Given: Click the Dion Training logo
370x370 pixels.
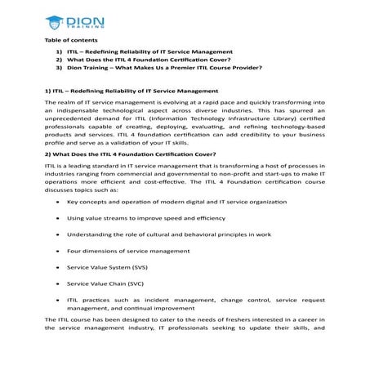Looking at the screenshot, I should point(74,20).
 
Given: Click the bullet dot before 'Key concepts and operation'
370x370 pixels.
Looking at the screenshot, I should point(56,201).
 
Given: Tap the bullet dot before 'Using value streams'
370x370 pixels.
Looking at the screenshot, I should point(56,218).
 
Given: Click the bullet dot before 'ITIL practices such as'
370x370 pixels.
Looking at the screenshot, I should point(56,301).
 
